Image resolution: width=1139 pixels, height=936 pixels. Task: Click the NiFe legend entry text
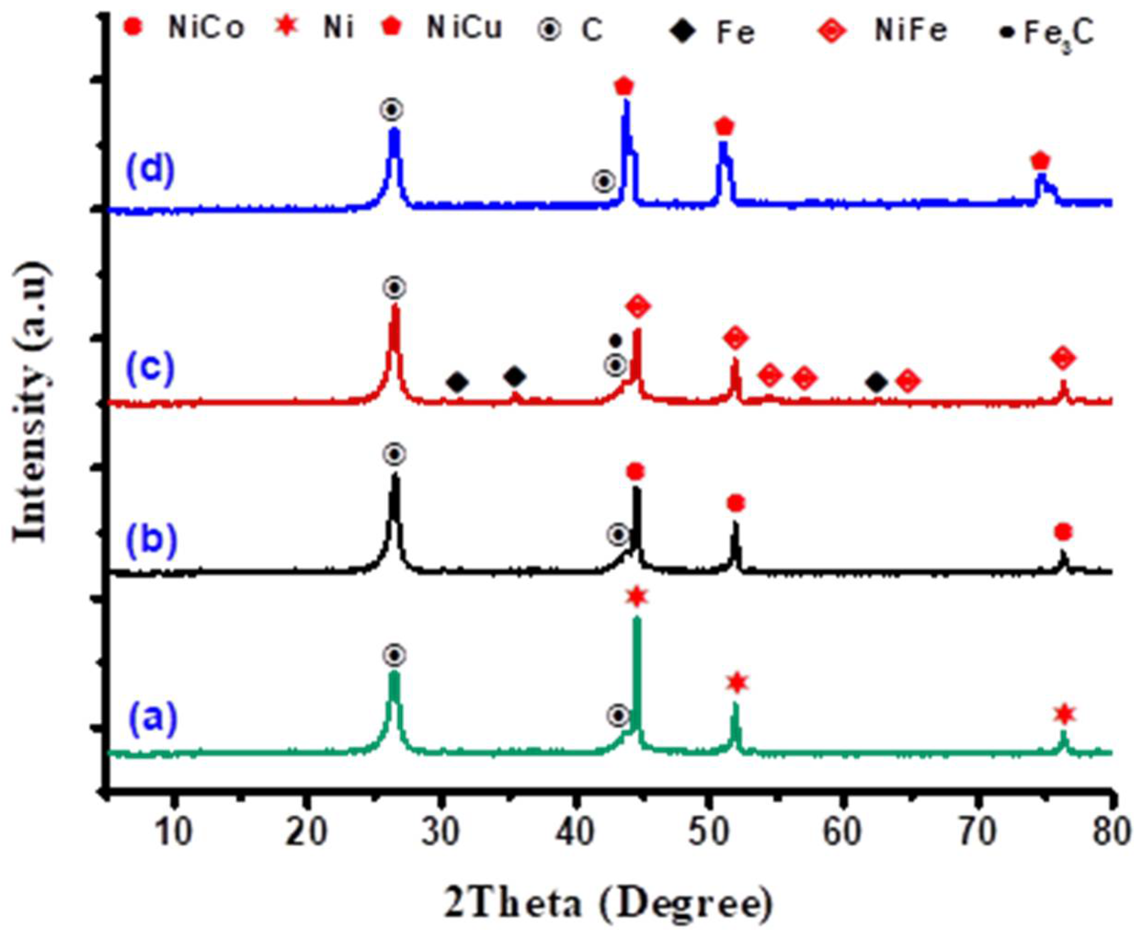(911, 31)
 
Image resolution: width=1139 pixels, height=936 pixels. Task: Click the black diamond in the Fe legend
(684, 32)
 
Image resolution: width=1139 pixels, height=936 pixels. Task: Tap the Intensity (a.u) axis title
(32, 402)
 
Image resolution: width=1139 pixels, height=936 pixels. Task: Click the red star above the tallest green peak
(637, 596)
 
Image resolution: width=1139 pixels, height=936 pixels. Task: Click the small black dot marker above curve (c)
(615, 341)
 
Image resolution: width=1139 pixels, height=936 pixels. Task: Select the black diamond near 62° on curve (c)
(877, 383)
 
